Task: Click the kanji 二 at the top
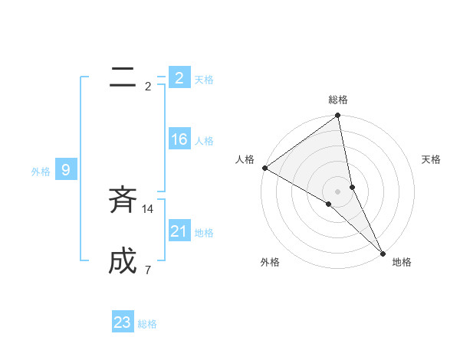123,77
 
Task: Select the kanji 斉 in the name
123,201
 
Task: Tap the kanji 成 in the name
123,262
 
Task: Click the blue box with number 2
179,78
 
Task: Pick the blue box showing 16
179,139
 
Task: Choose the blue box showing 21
179,231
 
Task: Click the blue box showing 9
66,170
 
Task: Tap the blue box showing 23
123,322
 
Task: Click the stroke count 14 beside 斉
148,208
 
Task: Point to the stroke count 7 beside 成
147,270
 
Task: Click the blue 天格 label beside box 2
204,80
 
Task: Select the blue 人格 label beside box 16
204,141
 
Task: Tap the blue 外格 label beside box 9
41,172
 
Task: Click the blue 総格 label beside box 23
147,324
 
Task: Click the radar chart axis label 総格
338,100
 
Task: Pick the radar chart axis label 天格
432,159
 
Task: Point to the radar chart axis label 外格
270,262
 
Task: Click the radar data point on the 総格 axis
338,116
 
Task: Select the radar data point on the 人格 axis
264,168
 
